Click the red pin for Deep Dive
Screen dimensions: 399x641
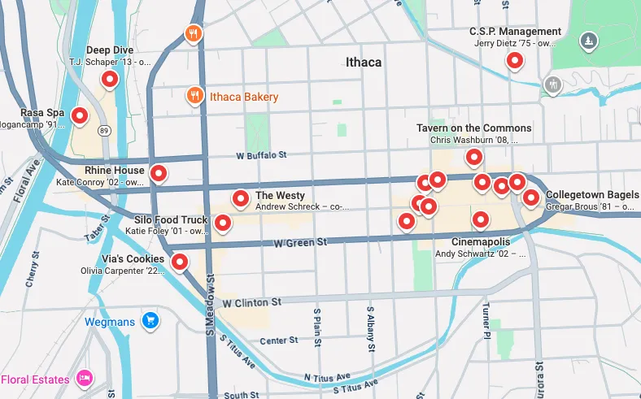(x=109, y=79)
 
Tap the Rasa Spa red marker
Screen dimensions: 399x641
(x=79, y=115)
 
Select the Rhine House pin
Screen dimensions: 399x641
(x=159, y=172)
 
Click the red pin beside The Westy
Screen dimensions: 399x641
(x=241, y=197)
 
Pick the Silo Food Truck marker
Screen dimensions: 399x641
(x=221, y=222)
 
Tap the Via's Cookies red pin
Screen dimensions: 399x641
(x=180, y=261)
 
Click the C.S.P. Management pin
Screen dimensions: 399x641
(x=514, y=60)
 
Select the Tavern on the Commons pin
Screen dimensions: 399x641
(x=473, y=156)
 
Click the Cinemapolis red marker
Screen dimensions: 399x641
(x=481, y=219)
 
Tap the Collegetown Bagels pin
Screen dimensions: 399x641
(x=530, y=197)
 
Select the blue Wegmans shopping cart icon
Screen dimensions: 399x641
(x=150, y=321)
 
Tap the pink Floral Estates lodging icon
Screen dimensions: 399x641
(x=83, y=379)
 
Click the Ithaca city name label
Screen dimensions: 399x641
(x=363, y=62)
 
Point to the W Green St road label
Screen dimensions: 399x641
(x=300, y=242)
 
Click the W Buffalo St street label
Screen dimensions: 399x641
(x=261, y=154)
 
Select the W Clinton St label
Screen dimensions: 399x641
(x=251, y=302)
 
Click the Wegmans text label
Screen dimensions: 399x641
(x=109, y=322)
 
